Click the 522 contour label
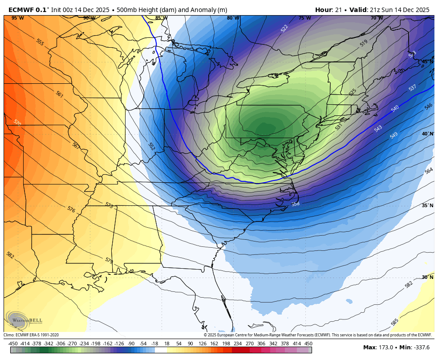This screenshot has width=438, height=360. [x=284, y=29]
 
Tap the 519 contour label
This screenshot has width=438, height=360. [x=364, y=43]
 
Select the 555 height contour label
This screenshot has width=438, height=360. [x=40, y=42]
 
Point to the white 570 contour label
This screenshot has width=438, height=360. [x=17, y=123]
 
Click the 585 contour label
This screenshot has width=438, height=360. [x=394, y=322]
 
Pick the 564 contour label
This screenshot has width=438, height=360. [x=429, y=171]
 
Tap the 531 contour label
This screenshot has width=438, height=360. [x=339, y=127]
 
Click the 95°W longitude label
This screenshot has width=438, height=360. [x=17, y=18]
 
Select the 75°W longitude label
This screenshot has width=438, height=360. [x=304, y=18]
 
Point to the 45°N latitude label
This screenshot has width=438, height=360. [x=427, y=61]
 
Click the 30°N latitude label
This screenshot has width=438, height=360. [x=427, y=277]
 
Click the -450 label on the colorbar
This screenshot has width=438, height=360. [x=13, y=344]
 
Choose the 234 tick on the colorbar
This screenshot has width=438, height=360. [x=238, y=344]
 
